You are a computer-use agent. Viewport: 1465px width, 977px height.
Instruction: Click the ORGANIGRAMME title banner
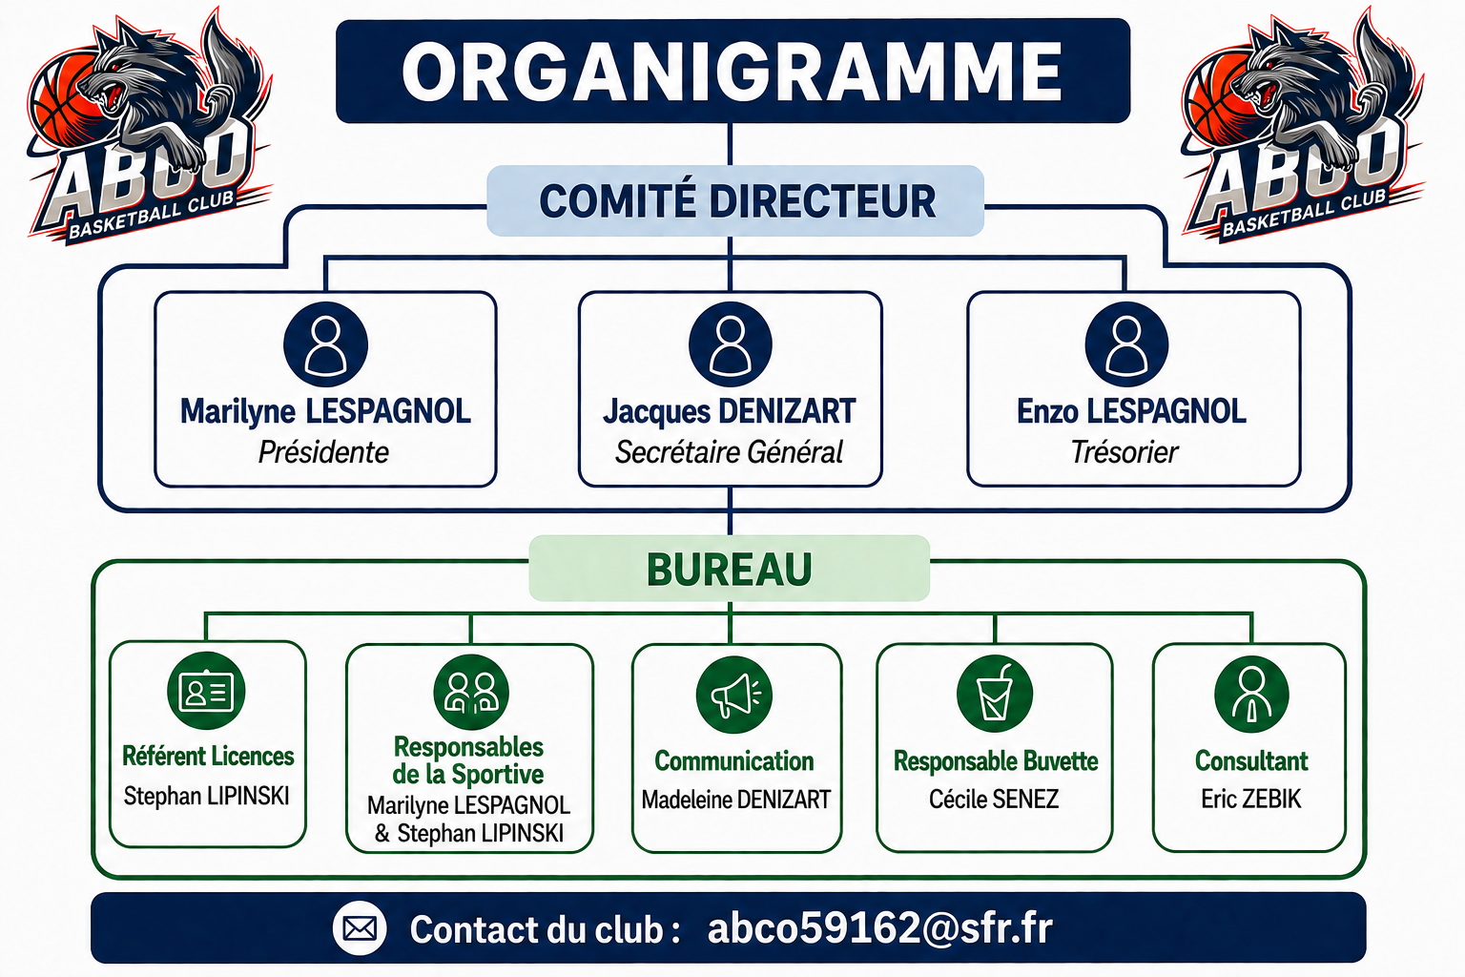[x=732, y=71]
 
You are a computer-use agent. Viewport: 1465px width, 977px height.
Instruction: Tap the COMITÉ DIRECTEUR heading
[x=735, y=201]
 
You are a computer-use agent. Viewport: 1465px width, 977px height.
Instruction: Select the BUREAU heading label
[x=730, y=568]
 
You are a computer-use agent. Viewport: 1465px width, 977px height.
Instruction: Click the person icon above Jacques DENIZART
[x=731, y=344]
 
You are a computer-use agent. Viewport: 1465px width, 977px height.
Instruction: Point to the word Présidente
[x=323, y=452]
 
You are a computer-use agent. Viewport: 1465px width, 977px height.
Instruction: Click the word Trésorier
[x=1125, y=452]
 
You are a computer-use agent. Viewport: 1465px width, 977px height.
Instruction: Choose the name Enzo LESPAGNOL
[x=1131, y=411]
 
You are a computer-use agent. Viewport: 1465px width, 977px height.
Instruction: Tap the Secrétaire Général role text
[x=730, y=452]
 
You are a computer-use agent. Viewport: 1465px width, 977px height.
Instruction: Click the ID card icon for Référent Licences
[x=206, y=691]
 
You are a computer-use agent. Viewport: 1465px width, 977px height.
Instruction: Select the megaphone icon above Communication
[x=733, y=695]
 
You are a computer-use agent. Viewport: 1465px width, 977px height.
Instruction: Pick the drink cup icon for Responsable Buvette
[x=995, y=694]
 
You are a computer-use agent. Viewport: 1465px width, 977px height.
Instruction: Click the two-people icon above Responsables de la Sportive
[x=471, y=693]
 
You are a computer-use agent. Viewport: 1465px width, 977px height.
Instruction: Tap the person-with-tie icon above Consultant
[x=1251, y=695]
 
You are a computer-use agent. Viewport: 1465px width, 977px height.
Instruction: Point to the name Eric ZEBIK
[x=1251, y=799]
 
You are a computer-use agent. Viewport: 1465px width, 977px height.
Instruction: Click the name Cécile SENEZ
[x=994, y=799]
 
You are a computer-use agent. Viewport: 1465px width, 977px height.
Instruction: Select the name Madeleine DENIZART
[x=735, y=800]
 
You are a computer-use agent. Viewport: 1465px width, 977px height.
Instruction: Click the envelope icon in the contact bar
[x=360, y=928]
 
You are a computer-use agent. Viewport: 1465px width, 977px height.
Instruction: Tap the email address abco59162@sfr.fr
[x=880, y=928]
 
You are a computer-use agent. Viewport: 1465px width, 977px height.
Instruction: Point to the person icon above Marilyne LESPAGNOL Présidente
[x=325, y=344]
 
